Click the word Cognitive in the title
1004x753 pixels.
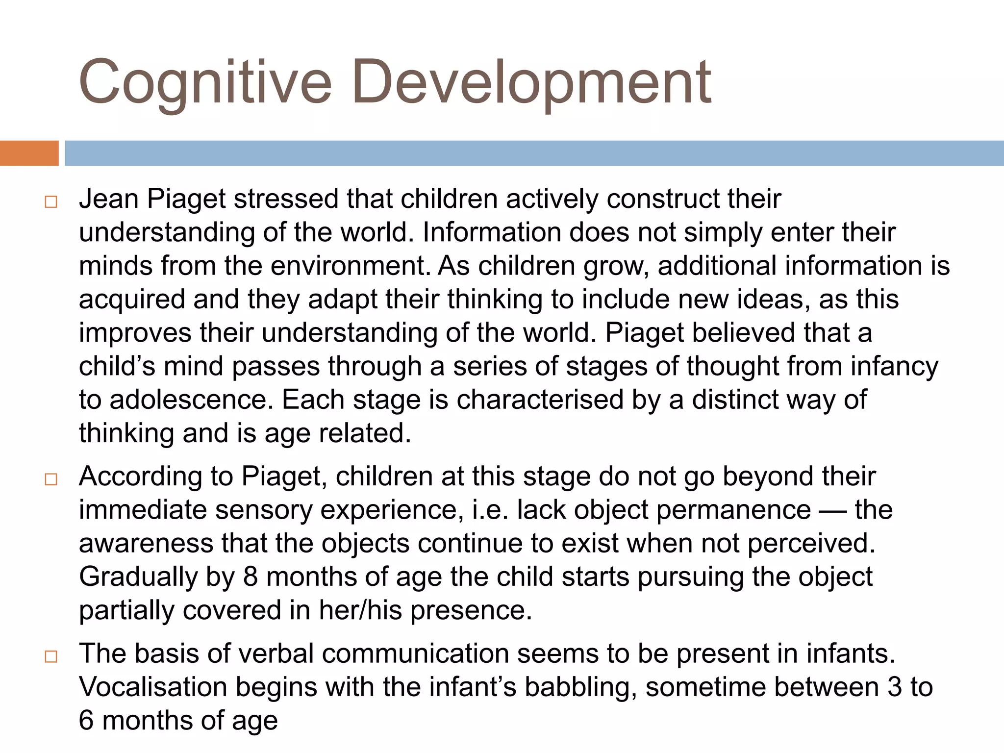tap(205, 82)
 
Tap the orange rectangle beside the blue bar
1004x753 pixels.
tap(29, 153)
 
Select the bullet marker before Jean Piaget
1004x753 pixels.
tap(51, 202)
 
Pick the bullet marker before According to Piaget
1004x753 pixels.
tap(51, 479)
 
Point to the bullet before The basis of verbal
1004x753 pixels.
tap(51, 656)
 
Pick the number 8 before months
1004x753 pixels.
tap(251, 577)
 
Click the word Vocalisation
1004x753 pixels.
tap(153, 687)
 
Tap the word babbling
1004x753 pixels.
tap(580, 687)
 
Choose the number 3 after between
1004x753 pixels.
tap(894, 687)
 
